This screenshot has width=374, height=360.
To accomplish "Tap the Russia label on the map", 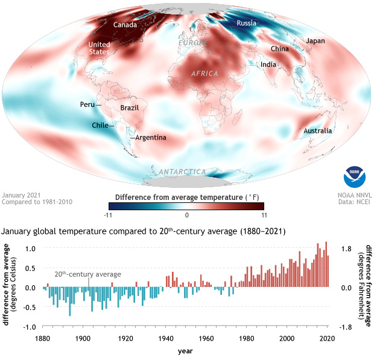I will (247, 24).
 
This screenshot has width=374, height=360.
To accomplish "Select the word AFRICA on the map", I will (204, 73).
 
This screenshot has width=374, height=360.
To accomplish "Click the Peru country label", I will (87, 104).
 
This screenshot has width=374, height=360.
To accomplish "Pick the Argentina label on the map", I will (151, 138).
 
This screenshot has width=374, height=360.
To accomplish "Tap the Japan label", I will (315, 41).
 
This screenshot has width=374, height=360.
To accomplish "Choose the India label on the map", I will (268, 65).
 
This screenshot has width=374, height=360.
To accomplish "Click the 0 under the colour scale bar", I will (187, 214).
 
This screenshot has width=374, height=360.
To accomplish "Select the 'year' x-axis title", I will (186, 350).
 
